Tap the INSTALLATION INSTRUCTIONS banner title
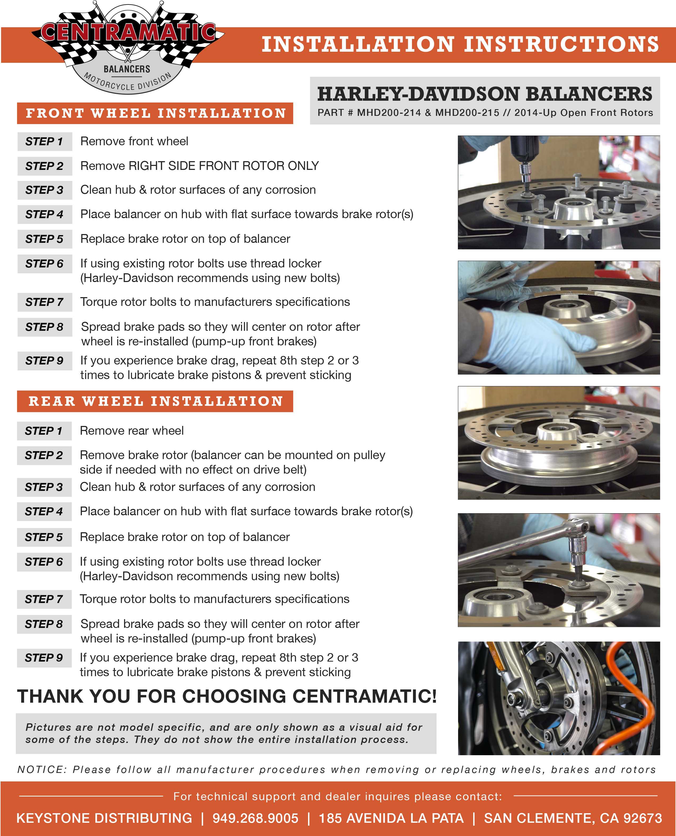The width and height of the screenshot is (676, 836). tap(460, 44)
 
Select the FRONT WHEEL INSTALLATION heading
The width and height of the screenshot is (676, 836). tap(155, 113)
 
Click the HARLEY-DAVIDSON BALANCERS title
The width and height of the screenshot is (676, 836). tap(484, 94)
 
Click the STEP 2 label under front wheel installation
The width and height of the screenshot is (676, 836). tap(44, 166)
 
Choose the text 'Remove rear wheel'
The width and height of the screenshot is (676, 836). tap(131, 431)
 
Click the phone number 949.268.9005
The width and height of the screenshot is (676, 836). tap(256, 818)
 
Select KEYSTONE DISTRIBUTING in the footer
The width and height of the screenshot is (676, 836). tap(104, 818)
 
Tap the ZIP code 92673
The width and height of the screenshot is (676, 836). tap(643, 818)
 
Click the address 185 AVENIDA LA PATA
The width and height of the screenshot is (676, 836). tap(391, 818)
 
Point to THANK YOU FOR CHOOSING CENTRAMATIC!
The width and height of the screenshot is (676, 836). tap(227, 696)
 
